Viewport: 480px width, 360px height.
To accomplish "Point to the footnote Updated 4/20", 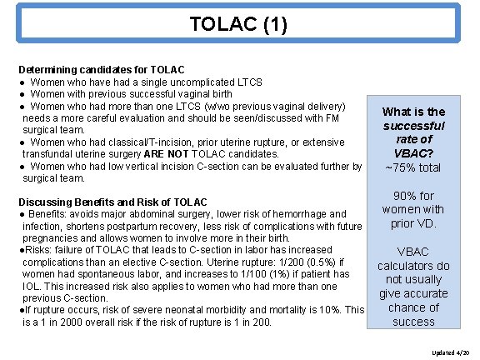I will [x=450, y=352].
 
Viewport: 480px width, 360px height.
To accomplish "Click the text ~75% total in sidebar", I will [x=414, y=168].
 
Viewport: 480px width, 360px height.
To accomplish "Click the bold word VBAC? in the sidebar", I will [x=414, y=154].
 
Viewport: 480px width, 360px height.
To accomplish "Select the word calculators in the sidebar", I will [x=414, y=266].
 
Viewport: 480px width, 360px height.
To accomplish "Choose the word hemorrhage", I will [x=292, y=214].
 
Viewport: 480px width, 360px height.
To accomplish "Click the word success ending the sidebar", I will [x=414, y=322].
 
